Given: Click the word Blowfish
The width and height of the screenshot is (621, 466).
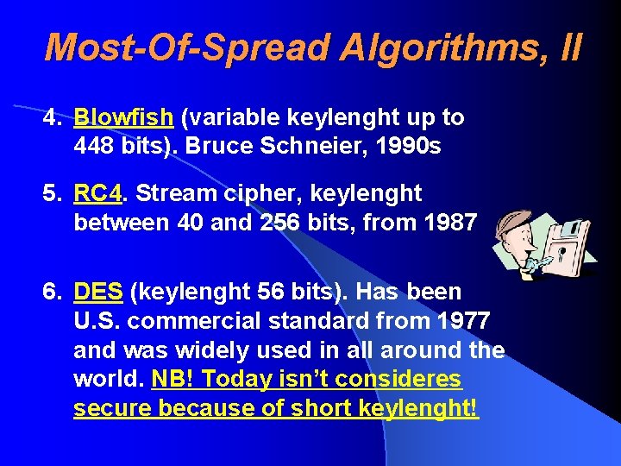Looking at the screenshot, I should point(122,117).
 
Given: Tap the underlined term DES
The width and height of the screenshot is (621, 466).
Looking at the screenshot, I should point(100,293).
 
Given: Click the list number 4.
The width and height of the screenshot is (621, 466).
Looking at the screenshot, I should point(52,117).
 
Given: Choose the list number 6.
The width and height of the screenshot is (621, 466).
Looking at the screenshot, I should point(52,293).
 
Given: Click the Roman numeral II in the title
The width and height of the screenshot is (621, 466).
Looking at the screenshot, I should point(570,47).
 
